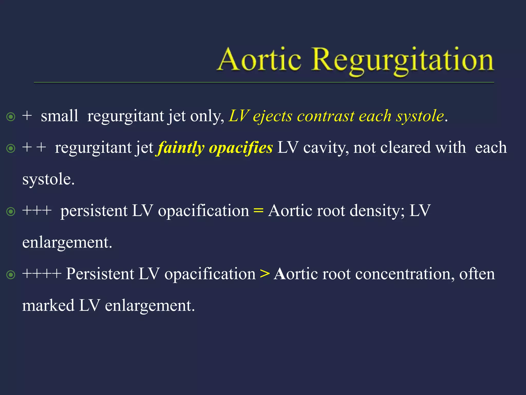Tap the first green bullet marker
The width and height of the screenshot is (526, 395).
[11, 117]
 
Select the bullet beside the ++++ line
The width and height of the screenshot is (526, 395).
[11, 275]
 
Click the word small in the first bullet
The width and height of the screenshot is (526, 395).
[59, 116]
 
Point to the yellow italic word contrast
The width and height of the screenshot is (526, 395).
[326, 116]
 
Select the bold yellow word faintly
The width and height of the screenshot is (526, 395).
[181, 148]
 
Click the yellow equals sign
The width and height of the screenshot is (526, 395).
[258, 211]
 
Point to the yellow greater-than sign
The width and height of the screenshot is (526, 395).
[265, 274]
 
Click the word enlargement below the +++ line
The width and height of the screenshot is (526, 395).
[67, 243]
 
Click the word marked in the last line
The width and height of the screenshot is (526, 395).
[48, 306]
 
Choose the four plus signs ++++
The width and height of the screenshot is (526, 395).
[42, 274]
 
